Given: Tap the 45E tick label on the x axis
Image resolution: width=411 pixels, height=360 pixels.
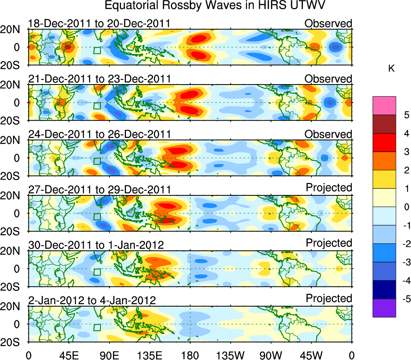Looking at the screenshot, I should point(68,354).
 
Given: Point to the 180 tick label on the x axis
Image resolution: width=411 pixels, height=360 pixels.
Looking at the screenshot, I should point(190,354).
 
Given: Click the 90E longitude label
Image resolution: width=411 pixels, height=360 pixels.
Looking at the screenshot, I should point(109,354).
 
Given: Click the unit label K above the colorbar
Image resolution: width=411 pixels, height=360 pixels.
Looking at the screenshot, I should point(391,69).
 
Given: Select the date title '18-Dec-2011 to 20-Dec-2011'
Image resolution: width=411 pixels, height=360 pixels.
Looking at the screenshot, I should point(99,23).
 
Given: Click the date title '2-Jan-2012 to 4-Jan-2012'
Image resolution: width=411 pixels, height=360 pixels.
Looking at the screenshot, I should point(92,300).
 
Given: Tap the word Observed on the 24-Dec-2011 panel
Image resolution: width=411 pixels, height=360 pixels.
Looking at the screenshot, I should point(328,134).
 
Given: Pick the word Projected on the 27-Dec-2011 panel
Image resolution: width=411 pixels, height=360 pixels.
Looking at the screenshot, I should point(329,188).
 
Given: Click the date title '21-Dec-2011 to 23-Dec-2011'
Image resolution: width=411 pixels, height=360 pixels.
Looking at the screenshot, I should point(99,78).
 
